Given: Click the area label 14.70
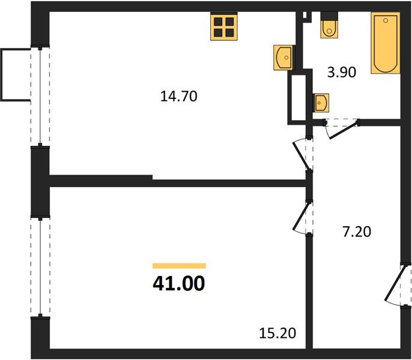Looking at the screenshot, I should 179,95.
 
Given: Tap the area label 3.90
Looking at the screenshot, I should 342,73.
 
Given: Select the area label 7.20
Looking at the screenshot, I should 357,232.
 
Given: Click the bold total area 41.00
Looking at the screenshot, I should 179,283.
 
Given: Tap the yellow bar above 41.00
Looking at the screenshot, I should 179,265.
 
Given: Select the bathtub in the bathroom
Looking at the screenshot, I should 385,44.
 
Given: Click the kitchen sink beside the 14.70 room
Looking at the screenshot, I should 283,58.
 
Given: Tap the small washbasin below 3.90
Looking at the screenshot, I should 321,103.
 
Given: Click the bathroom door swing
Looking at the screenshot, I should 341,128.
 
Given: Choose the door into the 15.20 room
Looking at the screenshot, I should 302,217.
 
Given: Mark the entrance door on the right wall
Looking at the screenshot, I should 398,285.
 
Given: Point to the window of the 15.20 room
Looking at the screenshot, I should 40,267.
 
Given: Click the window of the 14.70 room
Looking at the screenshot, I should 40,96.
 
